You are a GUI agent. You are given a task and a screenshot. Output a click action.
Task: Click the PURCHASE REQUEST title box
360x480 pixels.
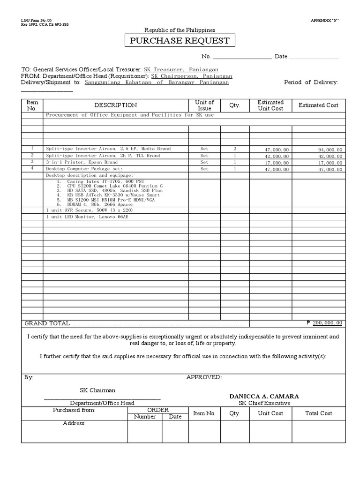point(180,41)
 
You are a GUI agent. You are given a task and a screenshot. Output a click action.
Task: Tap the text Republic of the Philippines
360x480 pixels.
point(180,30)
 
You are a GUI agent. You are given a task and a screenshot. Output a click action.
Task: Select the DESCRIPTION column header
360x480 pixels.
point(116,105)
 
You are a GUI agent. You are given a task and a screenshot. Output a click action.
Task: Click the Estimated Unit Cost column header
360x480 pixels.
point(270,105)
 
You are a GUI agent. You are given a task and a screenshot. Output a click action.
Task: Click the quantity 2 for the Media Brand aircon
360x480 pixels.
point(234,149)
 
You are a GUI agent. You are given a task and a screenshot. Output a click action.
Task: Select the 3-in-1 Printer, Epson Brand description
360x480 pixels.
point(82,162)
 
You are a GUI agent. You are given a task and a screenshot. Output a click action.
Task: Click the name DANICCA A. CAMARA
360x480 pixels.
point(264,396)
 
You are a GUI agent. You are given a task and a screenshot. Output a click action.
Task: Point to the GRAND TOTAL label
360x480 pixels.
point(47,323)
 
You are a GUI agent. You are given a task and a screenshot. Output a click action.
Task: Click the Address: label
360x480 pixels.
point(74,423)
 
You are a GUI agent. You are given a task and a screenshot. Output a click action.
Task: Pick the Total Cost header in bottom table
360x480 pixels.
point(318,413)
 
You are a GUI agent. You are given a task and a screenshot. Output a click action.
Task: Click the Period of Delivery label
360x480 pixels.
point(311,82)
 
